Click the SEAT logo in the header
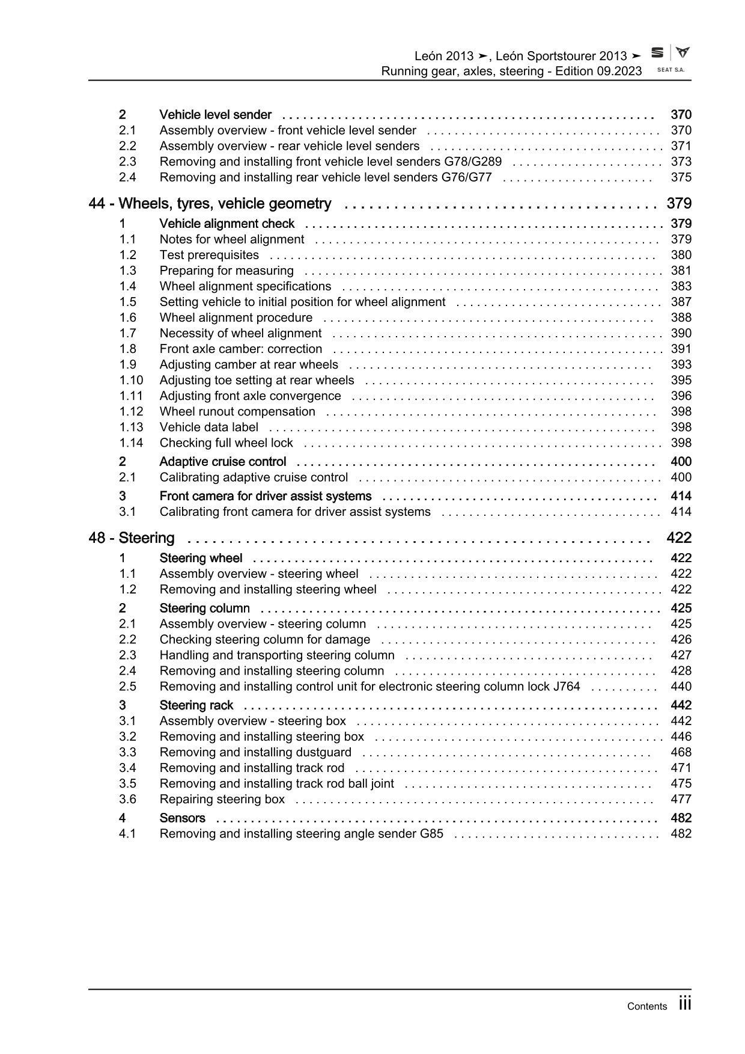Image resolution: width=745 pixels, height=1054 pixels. pos(658,53)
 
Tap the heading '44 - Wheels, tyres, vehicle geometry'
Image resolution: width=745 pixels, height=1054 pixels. pos(210,204)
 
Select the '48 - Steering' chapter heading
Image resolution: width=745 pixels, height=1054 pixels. pos(132,538)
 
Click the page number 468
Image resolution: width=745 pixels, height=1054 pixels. pos(681,752)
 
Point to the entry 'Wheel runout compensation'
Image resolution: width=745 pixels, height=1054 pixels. pos(237,412)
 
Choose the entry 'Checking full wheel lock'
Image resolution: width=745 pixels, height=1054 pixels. pos(226,443)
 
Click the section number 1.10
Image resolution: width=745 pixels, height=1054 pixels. pos(131,381)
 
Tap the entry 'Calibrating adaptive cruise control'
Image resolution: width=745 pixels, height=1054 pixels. pos(254,477)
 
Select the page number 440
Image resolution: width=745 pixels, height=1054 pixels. pos(681,687)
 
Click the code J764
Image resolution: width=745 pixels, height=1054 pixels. pos(566,687)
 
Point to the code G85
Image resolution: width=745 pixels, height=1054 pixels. pos(431,834)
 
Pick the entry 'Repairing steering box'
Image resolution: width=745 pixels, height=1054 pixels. pos(222,800)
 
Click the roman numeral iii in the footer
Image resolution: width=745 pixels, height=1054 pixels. pos(685,1003)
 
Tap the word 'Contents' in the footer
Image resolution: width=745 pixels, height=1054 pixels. pos(646,1007)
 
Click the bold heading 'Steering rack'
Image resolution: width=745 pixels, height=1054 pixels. pos(196,705)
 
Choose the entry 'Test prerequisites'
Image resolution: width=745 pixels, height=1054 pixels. pos(209,256)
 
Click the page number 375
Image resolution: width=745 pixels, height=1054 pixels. pos(681,177)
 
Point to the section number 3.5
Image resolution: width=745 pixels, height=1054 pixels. pos(127,784)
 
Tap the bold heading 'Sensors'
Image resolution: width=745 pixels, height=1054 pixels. pos(182,818)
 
